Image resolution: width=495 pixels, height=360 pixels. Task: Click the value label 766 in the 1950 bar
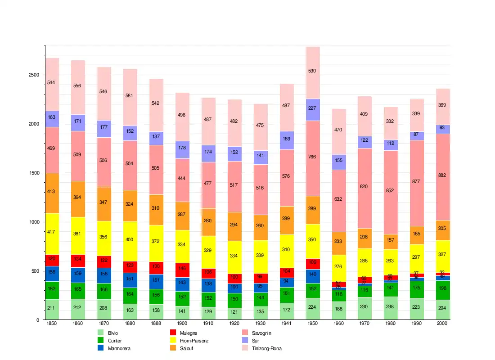point(313,157)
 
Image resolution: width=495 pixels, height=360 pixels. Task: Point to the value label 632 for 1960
point(339,199)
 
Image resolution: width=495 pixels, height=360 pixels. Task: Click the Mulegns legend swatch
point(173,333)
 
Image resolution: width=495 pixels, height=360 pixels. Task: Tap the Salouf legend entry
point(186,348)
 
